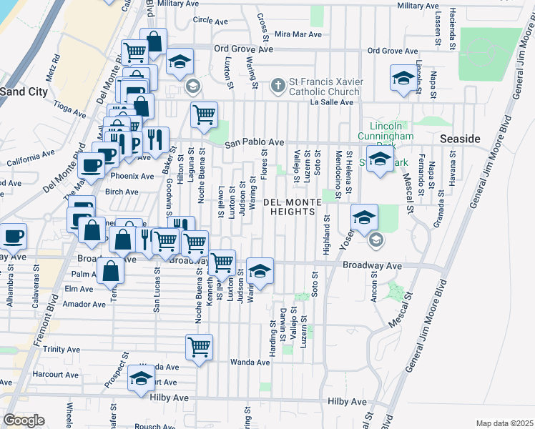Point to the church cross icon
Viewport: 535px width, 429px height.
[x=278, y=87]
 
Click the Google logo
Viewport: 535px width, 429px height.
[x=24, y=420]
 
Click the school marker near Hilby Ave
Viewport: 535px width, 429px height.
[x=141, y=378]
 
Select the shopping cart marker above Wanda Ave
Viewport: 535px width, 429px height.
[x=199, y=347]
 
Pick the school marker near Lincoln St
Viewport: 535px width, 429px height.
[x=403, y=78]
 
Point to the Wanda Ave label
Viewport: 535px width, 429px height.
[x=250, y=363]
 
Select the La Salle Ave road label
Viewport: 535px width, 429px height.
[x=331, y=102]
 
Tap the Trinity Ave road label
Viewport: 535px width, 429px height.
[x=62, y=350]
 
